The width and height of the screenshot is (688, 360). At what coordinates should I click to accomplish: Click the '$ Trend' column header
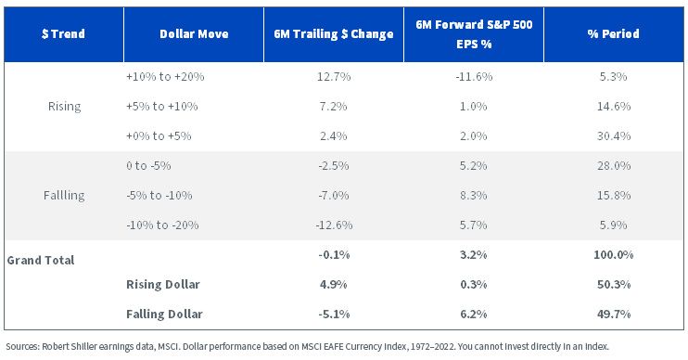63,33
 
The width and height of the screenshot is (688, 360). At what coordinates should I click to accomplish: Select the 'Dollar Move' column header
194,33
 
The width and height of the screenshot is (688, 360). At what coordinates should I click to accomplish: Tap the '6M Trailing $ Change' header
334,33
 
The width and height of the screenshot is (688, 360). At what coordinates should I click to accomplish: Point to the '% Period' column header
614,33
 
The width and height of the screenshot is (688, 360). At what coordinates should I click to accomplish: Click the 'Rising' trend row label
65,107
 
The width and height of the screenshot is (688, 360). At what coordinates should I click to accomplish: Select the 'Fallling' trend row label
64,196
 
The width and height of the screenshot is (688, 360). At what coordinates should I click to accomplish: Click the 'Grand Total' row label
41,261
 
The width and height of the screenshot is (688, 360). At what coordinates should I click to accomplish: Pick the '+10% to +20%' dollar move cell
165,77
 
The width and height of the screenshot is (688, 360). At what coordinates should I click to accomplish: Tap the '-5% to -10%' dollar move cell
159,196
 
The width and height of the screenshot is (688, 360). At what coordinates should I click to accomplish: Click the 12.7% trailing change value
334,77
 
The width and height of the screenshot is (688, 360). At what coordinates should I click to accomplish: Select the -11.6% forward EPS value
474,77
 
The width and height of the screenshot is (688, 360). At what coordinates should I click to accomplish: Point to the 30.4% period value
614,136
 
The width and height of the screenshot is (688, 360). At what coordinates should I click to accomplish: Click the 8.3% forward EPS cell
474,196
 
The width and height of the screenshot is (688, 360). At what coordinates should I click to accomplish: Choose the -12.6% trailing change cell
334,225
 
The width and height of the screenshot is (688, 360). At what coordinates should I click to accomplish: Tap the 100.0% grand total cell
614,254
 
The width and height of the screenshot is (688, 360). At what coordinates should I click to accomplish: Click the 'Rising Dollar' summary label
163,285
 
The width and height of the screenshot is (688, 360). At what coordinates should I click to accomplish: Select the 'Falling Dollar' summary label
164,315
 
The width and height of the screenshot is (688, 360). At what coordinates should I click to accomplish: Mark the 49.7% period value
614,315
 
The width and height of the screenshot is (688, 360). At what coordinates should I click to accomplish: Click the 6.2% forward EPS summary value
474,315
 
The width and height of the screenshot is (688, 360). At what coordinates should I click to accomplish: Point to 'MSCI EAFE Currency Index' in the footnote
354,346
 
